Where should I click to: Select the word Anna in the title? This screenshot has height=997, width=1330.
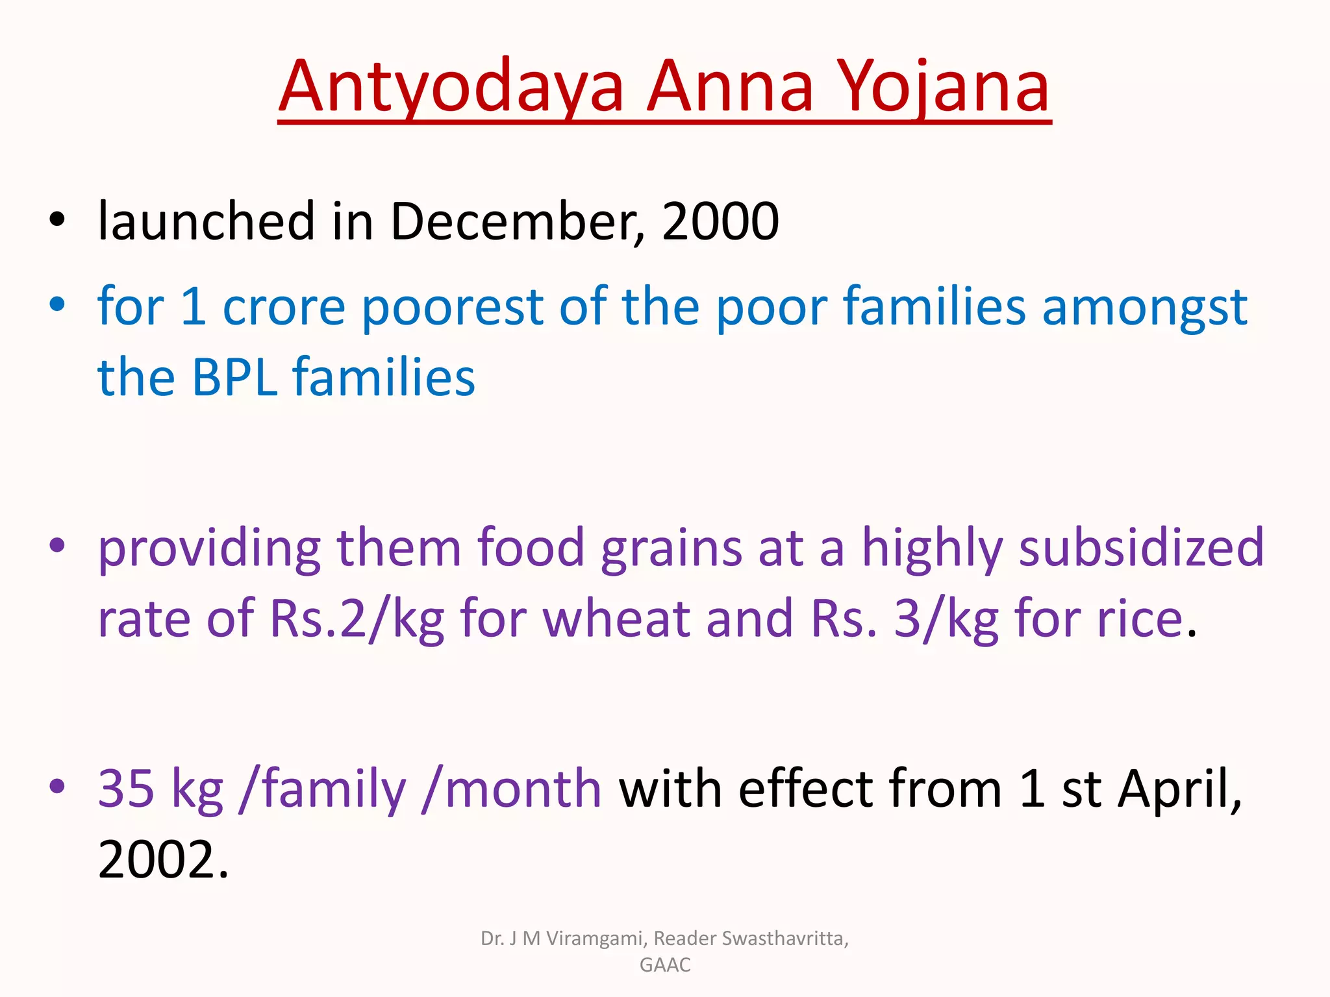[730, 88]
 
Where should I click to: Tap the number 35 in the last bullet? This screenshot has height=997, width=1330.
[126, 789]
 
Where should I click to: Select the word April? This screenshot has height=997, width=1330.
[1178, 789]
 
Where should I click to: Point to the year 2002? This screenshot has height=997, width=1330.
[157, 860]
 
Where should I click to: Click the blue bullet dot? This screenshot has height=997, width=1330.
[57, 304]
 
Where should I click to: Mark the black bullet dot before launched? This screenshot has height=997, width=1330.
[57, 219]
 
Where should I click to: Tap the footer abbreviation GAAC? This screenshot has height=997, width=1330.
[665, 965]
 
